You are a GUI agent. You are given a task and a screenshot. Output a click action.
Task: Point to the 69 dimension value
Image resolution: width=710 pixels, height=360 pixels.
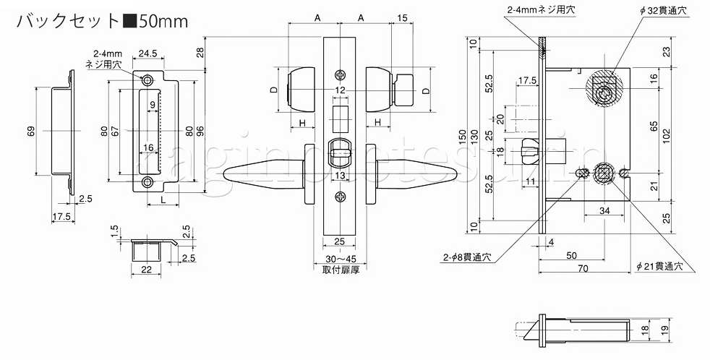coord(30,131)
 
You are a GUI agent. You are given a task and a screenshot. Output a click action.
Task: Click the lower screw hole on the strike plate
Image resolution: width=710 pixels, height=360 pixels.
coord(147,181)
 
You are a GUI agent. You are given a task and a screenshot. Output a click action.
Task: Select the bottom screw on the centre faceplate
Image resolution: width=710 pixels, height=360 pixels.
coord(340,197)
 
